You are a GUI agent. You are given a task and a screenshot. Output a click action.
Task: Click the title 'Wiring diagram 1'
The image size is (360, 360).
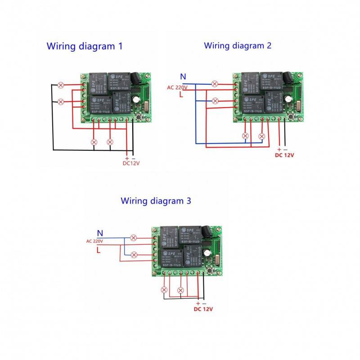pyautogui.click(x=84, y=46)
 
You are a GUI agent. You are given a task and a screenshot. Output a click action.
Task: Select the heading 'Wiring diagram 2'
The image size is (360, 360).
pyautogui.click(x=238, y=45)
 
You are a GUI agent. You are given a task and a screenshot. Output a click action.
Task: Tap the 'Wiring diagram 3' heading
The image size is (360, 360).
pyautogui.click(x=155, y=201)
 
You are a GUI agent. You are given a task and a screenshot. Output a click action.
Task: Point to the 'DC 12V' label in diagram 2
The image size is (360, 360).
pyautogui.click(x=284, y=155)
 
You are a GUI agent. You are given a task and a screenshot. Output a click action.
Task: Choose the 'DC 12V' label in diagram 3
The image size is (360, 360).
pyautogui.click(x=203, y=309)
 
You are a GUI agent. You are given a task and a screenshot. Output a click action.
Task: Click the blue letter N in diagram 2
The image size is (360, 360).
pyautogui.click(x=183, y=76)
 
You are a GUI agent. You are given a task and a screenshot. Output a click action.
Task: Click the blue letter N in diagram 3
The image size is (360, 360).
pyautogui.click(x=100, y=233)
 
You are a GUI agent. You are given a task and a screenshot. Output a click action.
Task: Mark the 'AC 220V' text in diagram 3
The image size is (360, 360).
pyautogui.click(x=95, y=241)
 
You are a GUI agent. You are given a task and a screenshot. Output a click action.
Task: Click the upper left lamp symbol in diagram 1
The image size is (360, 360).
pyautogui.click(x=61, y=85)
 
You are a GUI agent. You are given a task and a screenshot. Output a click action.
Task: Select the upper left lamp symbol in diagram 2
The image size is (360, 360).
pyautogui.click(x=215, y=84)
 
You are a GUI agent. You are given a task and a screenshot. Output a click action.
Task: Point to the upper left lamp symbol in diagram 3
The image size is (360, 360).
pyautogui.click(x=133, y=238)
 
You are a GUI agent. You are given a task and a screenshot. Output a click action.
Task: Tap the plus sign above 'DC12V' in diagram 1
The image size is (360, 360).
pyautogui.click(x=127, y=158)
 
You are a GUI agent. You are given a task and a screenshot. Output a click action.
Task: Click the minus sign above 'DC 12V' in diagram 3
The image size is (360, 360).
pyautogui.click(x=204, y=304)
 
